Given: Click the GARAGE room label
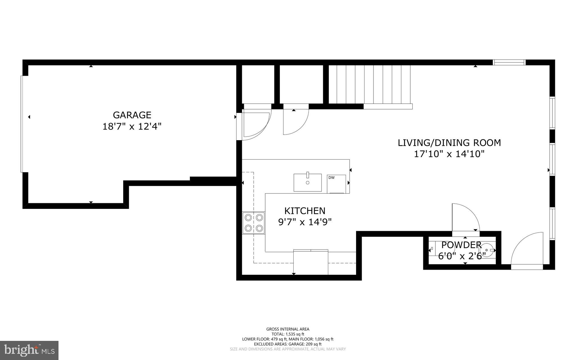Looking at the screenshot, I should tap(132, 115).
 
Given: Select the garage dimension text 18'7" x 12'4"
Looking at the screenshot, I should tap(132, 127).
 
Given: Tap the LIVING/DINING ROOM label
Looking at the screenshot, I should tap(449, 143).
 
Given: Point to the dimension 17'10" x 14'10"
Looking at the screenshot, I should tap(449, 154).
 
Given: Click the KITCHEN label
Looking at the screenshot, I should tap(305, 211).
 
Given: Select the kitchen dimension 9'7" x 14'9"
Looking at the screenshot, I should tap(305, 222).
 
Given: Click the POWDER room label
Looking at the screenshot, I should tap(461, 245).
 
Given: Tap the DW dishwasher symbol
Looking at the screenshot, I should tap(336, 184).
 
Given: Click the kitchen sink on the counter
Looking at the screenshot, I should tap(308, 183).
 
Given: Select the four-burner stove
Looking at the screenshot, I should tap(254, 223).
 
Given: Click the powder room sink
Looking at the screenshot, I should tap(488, 250).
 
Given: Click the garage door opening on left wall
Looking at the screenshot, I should tap(22, 124).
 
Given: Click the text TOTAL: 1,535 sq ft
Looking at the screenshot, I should tap(288, 334).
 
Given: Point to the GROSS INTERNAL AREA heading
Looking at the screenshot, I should tap(288, 329).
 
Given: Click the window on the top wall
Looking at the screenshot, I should tap(509, 62).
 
